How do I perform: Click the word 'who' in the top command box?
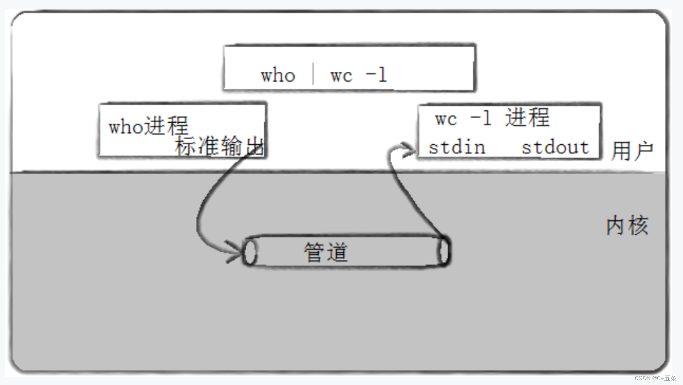278,76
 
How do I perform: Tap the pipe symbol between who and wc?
313,74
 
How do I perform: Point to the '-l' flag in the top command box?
376,75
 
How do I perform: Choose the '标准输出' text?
220,146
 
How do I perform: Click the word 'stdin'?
457,147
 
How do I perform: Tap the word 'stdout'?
555,147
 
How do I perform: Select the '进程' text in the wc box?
527,118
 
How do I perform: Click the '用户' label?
632,151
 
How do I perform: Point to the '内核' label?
627,226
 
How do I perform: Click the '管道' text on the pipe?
326,252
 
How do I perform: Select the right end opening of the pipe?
443,251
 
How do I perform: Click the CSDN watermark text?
655,378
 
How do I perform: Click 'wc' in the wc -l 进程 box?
446,119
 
